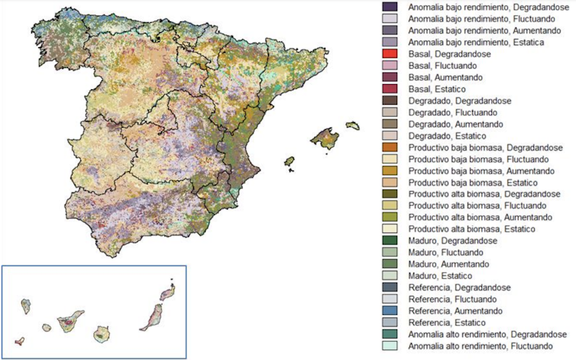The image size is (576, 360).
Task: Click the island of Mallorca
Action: click(324, 139)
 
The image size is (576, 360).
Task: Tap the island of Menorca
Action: click(352, 125)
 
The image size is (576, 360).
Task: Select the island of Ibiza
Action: click(290, 162)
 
